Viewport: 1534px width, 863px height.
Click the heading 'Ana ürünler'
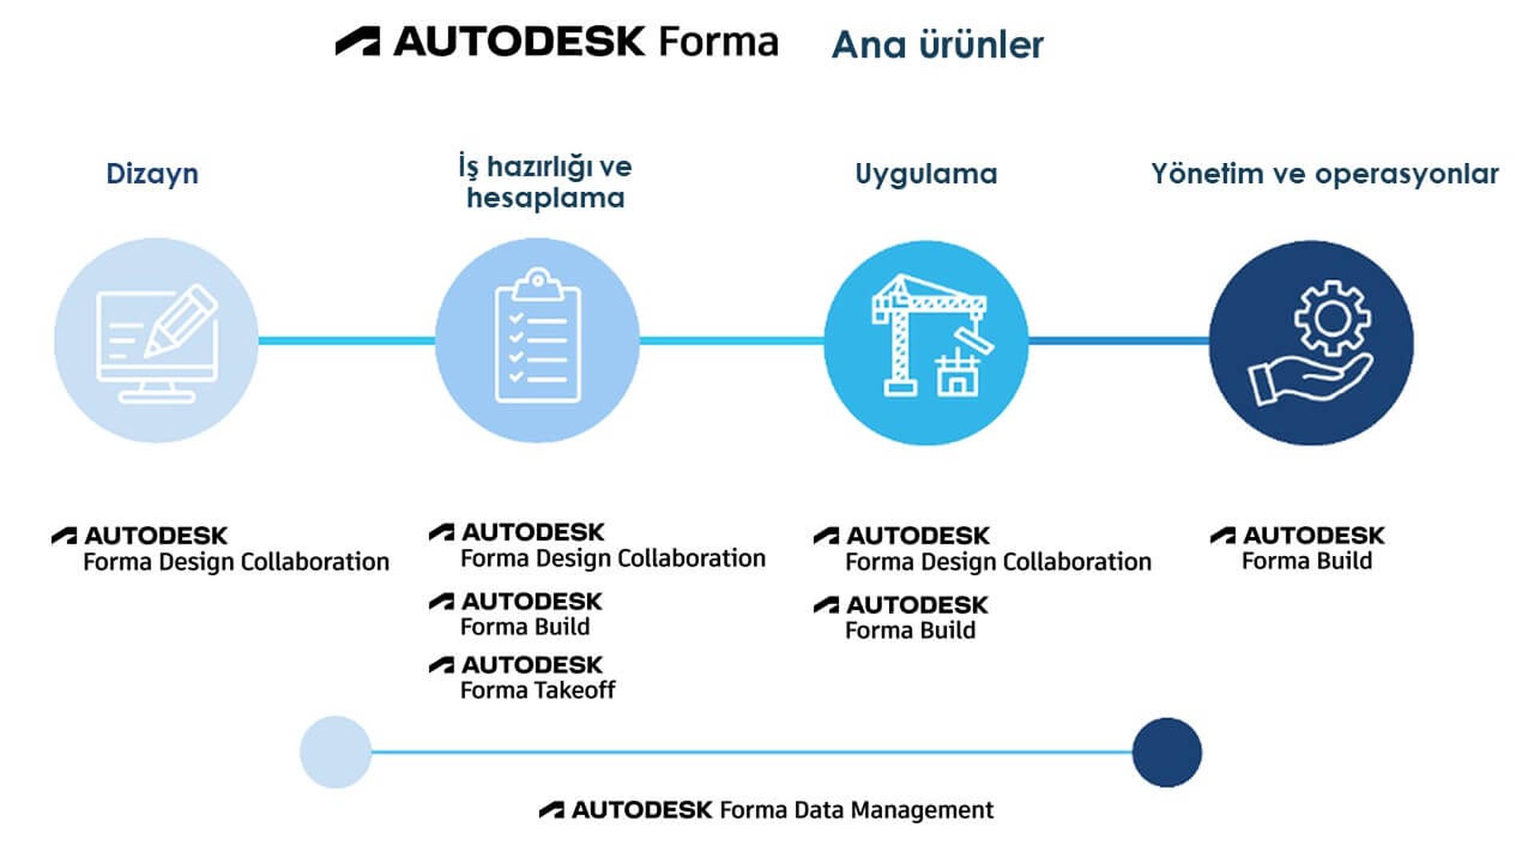937,45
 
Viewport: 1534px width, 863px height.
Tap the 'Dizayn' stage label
152,173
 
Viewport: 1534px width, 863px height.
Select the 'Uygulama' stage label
926,173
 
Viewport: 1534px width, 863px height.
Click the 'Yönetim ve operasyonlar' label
1325,173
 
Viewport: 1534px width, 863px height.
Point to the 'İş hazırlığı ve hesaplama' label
545,182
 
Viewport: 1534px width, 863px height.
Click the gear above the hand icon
1332,317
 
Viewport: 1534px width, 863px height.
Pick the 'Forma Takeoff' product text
538,690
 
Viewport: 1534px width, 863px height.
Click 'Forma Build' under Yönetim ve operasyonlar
1306,561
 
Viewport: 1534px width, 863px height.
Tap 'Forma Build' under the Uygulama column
910,630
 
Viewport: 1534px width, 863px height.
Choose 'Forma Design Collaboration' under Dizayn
236,562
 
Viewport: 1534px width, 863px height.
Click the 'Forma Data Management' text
856,810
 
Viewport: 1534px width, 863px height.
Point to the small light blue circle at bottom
336,752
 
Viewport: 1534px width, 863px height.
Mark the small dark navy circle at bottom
1166,752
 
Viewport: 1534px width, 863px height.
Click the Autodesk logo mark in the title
357,42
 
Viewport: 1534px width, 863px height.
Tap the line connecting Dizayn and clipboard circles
346,341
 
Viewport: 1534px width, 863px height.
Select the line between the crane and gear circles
1119,341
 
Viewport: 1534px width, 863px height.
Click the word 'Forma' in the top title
718,42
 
